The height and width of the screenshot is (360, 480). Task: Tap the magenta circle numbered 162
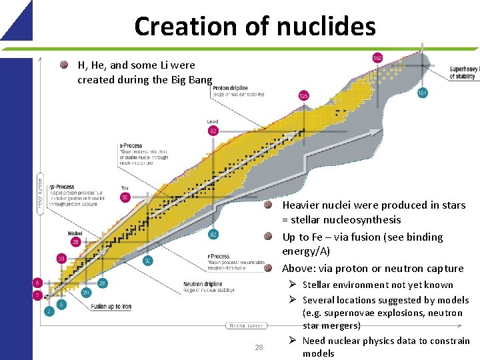click(x=377, y=59)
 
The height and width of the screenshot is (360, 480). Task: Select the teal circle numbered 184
click(x=422, y=93)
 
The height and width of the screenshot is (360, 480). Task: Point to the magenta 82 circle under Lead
click(x=213, y=131)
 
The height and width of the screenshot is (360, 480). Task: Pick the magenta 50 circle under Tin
click(x=125, y=197)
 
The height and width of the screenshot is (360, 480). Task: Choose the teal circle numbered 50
click(x=147, y=260)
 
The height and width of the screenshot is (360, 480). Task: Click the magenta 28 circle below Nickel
click(x=75, y=242)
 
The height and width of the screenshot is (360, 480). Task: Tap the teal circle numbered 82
click(x=213, y=234)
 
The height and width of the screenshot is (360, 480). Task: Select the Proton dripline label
click(x=231, y=88)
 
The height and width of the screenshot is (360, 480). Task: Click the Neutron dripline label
click(x=204, y=283)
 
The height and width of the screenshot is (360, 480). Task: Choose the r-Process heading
click(x=219, y=256)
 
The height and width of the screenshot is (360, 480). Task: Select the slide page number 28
click(x=259, y=347)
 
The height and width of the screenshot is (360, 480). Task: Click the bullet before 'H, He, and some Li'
click(x=64, y=65)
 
